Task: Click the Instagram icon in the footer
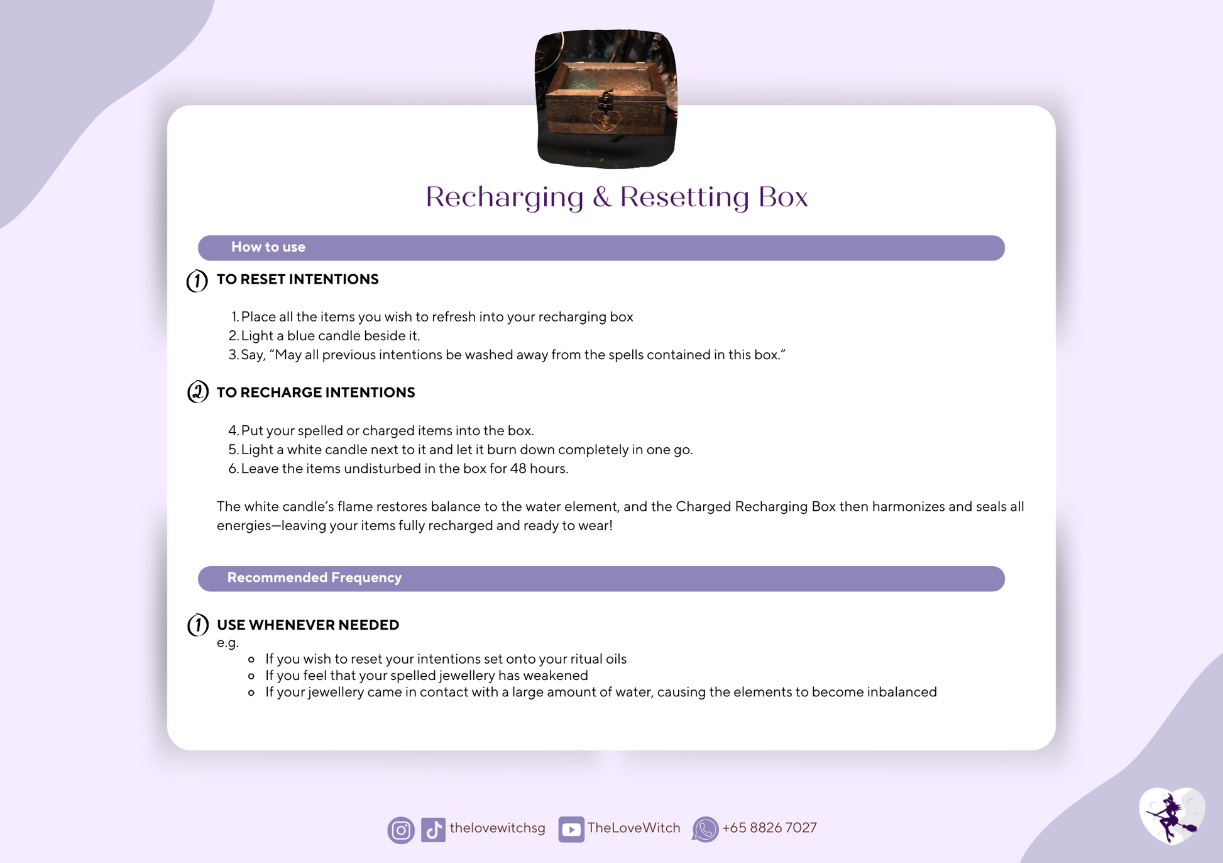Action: tap(401, 830)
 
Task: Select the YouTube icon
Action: tap(571, 830)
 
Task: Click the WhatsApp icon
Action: tap(705, 830)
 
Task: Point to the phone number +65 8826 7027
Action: tap(769, 828)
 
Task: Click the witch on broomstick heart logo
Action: tap(1172, 816)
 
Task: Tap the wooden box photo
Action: tap(606, 99)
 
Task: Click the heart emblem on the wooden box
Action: tap(605, 120)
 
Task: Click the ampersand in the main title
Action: tap(601, 197)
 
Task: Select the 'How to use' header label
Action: tap(268, 247)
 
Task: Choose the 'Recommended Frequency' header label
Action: tap(314, 577)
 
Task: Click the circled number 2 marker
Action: tap(197, 392)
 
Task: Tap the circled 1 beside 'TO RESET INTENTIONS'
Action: tap(197, 281)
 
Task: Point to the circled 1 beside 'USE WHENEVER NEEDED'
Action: tap(198, 625)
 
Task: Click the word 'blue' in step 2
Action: tap(301, 336)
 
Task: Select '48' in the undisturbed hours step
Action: tap(518, 469)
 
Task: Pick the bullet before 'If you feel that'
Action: tap(251, 676)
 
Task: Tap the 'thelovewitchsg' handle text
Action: tap(497, 828)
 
